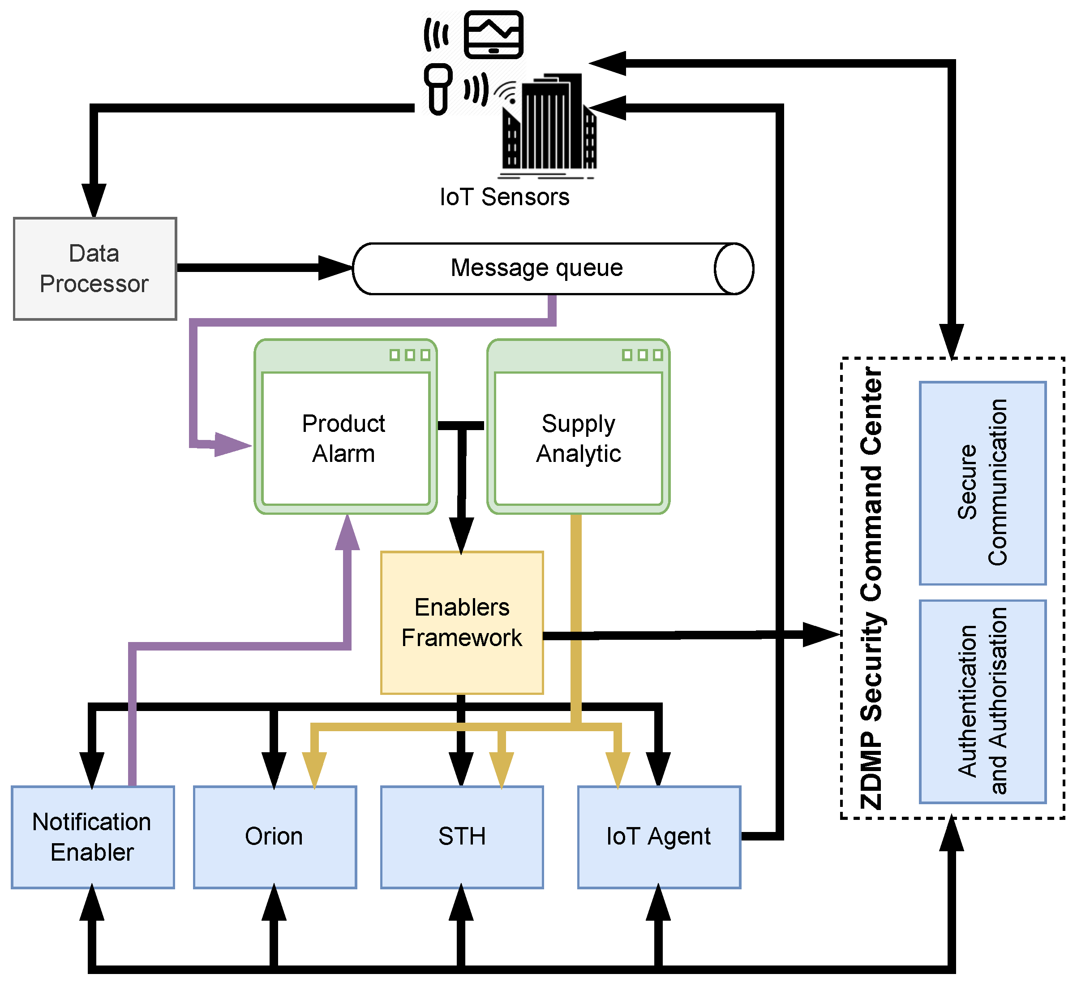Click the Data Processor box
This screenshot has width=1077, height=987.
point(95,269)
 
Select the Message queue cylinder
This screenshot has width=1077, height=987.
point(553,269)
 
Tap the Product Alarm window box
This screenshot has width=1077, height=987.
point(346,427)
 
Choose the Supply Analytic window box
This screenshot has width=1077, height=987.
point(579,427)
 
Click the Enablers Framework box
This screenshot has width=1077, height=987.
point(462,623)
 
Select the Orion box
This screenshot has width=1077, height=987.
point(275,837)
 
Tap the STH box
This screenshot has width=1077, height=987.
point(462,837)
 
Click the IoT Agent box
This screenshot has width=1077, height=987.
point(659,837)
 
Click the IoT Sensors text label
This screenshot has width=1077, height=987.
point(504,197)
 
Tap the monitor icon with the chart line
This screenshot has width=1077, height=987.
point(493,34)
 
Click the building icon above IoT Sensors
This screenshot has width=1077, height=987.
point(549,125)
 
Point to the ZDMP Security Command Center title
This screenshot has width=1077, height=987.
point(872,588)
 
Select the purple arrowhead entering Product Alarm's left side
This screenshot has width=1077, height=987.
point(233,444)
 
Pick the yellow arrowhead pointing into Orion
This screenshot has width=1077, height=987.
point(315,770)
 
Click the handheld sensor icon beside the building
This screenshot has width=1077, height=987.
point(438,89)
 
